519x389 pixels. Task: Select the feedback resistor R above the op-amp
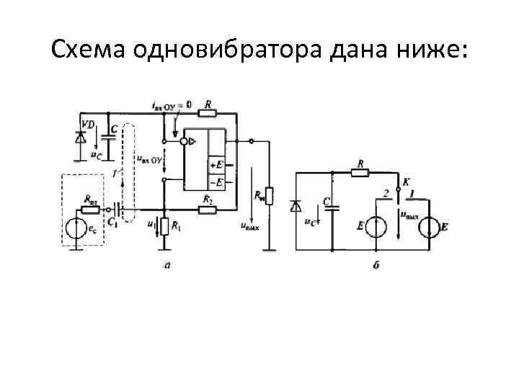tap(208, 113)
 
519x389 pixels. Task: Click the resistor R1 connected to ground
tap(164, 226)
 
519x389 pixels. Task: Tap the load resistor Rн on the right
tap(268, 194)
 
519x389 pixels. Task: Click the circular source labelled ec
tap(76, 230)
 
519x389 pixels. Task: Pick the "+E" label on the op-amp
tap(216, 165)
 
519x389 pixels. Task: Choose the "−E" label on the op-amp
tap(216, 181)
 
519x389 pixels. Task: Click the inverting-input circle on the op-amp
tap(184, 142)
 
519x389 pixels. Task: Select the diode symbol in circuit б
tap(295, 207)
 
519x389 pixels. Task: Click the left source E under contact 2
tap(375, 226)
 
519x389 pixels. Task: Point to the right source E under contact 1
tap(427, 226)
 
